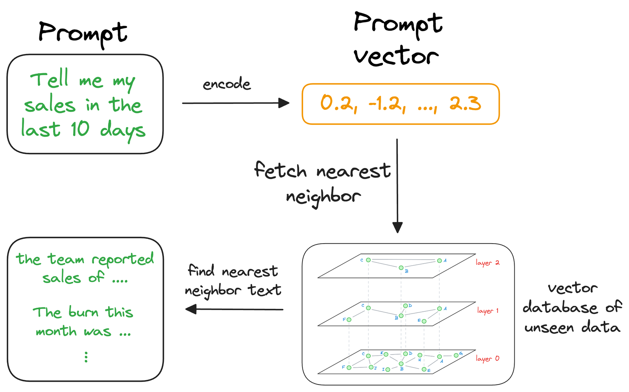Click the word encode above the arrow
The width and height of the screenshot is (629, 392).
tap(226, 84)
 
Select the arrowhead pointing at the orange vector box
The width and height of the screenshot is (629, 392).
tap(284, 103)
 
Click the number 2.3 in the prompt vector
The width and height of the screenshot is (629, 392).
tap(465, 104)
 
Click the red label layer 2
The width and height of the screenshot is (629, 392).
tap(487, 263)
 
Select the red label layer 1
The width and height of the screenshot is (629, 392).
tap(487, 311)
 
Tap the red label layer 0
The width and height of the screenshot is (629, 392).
tap(487, 359)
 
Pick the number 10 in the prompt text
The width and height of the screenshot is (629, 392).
tap(80, 129)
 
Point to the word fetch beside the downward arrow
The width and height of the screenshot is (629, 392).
tap(280, 170)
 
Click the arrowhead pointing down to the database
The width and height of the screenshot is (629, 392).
tap(397, 227)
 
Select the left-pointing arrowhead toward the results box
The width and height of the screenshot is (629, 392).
tap(191, 309)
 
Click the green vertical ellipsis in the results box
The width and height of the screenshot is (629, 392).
tap(86, 357)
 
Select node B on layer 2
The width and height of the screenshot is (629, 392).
tap(401, 268)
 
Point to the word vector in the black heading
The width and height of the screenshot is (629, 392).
tap(396, 56)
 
